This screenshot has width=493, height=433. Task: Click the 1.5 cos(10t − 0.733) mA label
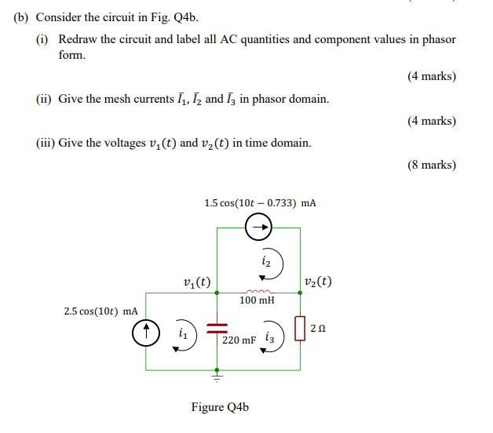click(260, 203)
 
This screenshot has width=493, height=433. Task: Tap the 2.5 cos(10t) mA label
click(100, 312)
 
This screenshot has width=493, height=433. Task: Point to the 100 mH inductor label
click(257, 300)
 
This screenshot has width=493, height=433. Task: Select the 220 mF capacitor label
click(239, 340)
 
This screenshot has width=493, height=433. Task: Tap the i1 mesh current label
click(182, 333)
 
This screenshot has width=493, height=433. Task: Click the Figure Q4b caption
click(220, 407)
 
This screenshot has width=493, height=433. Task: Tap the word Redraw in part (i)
click(78, 39)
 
